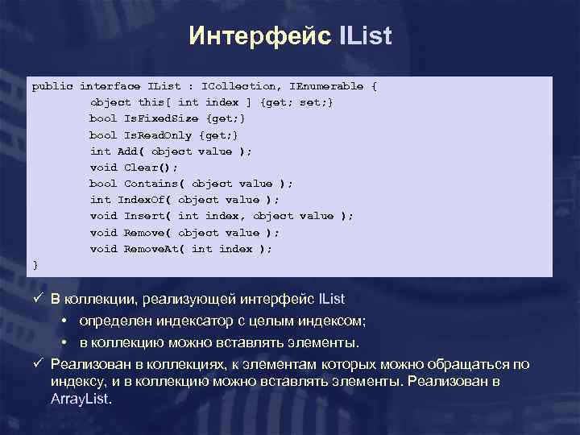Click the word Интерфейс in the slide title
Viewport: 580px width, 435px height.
[x=255, y=37]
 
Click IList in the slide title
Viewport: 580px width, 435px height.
[x=360, y=37]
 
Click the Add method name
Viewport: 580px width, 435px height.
[x=127, y=151]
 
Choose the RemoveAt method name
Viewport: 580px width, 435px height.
[x=151, y=248]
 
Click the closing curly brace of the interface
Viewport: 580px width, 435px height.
[x=35, y=264]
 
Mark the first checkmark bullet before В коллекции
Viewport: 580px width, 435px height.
[x=37, y=300]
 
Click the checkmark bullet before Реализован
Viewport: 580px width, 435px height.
[x=37, y=364]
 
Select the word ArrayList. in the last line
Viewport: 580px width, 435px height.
[x=81, y=399]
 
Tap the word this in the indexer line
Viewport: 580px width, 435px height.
[x=151, y=102]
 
